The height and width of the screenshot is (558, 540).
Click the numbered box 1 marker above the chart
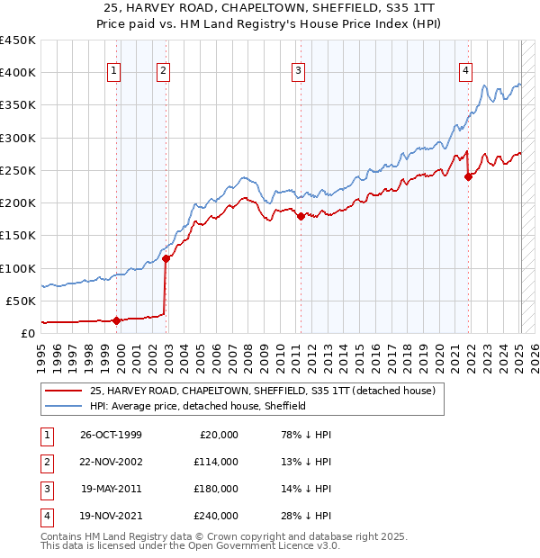pyautogui.click(x=115, y=73)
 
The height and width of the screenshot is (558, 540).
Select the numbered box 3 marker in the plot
pyautogui.click(x=299, y=73)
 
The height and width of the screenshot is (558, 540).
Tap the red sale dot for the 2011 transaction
pyautogui.click(x=301, y=216)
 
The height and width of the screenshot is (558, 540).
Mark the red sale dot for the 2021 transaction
pyautogui.click(x=468, y=176)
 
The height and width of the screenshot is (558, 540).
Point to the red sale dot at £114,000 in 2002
pyautogui.click(x=166, y=259)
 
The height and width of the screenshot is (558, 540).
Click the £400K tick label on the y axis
pyautogui.click(x=18, y=73)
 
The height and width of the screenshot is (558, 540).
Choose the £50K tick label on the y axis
pyautogui.click(x=22, y=301)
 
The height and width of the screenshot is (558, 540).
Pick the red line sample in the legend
pyautogui.click(x=63, y=391)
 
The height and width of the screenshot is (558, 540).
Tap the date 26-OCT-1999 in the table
pyautogui.click(x=111, y=435)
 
